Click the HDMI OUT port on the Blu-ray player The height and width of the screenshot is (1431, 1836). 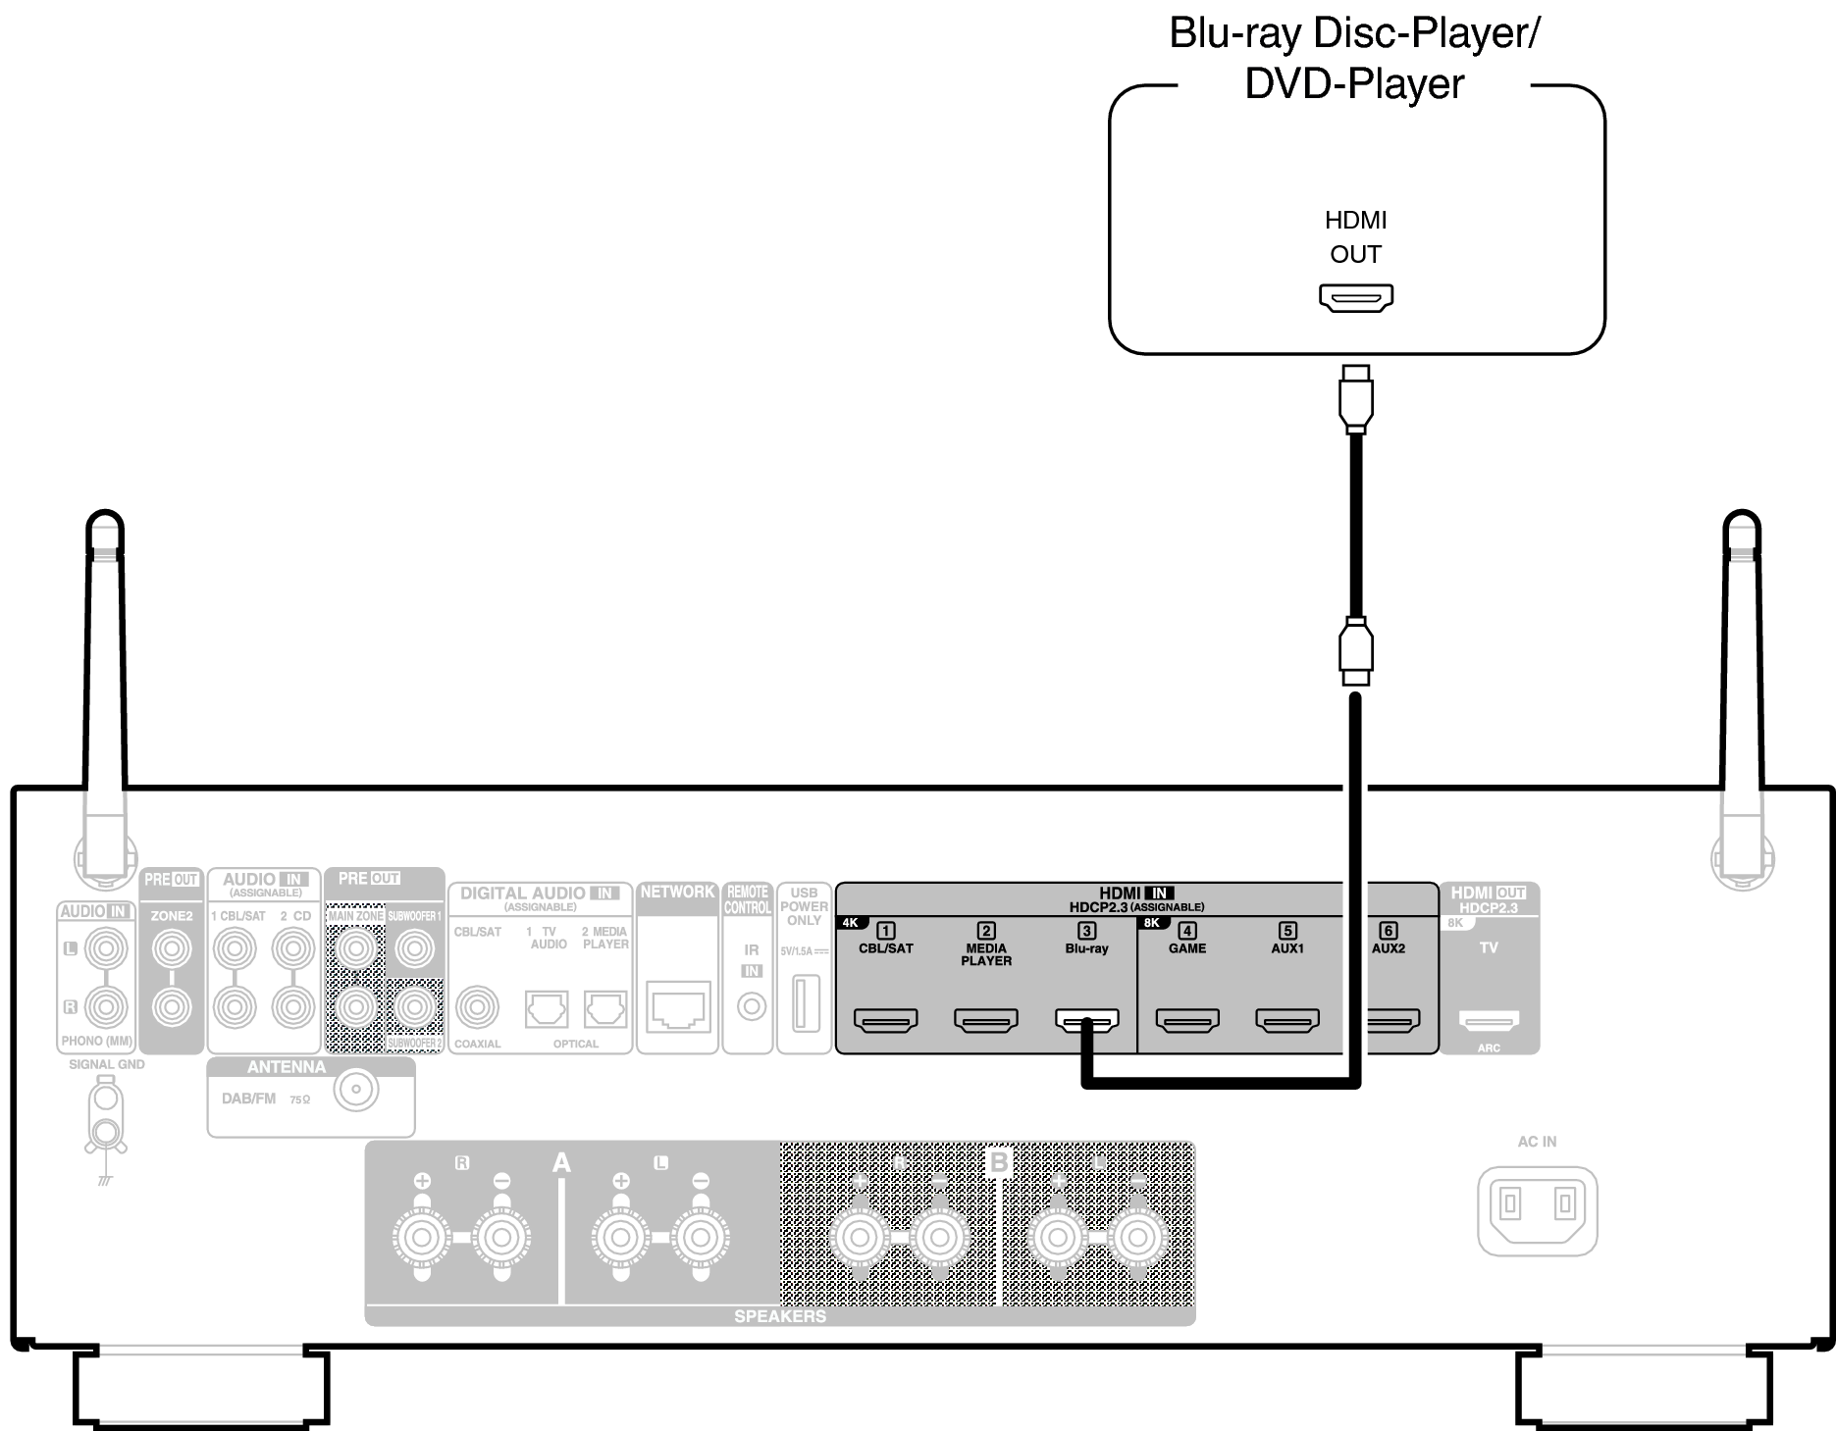[x=1355, y=297]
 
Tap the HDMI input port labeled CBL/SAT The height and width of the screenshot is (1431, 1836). [x=885, y=1021]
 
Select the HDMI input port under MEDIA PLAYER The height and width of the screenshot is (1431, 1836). [x=986, y=1021]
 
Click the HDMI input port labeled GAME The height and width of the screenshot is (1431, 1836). [x=1187, y=1021]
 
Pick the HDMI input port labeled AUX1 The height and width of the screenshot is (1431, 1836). [x=1287, y=1021]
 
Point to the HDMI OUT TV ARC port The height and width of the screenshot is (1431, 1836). [x=1489, y=1021]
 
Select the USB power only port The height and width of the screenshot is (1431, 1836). [x=804, y=1003]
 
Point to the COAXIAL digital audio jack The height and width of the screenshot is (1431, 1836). [x=478, y=1006]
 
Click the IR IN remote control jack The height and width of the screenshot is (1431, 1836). [x=752, y=1006]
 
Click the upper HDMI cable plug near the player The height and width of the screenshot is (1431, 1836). [x=1355, y=397]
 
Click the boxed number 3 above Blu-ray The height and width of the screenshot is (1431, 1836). [x=1086, y=931]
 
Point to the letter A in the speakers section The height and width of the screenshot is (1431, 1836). [x=561, y=1163]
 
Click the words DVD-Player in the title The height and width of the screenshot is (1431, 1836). [x=1354, y=84]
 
